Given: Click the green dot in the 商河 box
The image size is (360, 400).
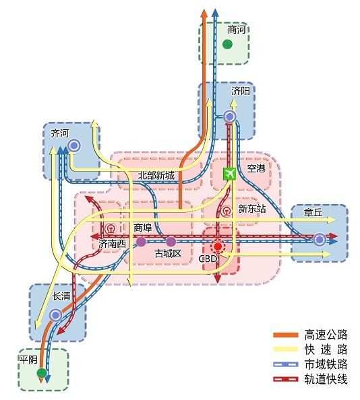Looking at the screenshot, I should (x=228, y=45).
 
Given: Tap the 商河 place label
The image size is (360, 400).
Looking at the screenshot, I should (x=237, y=30).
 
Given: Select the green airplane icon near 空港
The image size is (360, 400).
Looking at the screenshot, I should (x=229, y=174).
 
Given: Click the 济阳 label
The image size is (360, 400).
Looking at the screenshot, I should (x=240, y=90).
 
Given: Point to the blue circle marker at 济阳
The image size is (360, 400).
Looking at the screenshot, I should (x=229, y=117).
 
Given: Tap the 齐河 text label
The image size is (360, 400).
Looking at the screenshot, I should (x=59, y=133).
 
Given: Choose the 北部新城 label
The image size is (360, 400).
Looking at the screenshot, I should (x=156, y=176).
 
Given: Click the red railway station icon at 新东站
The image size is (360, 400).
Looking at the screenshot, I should (x=227, y=209).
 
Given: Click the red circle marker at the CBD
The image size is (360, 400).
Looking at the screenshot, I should (x=217, y=247).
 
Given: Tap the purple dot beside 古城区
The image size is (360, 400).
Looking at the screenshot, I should (x=171, y=241).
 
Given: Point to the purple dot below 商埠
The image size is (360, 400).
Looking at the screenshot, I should (x=141, y=241).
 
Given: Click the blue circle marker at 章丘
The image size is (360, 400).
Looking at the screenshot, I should (x=319, y=238).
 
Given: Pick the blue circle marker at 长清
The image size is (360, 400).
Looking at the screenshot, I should (x=55, y=314).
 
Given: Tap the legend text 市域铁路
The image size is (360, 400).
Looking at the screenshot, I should (x=326, y=364).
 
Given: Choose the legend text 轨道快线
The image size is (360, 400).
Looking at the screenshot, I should (x=326, y=379).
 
